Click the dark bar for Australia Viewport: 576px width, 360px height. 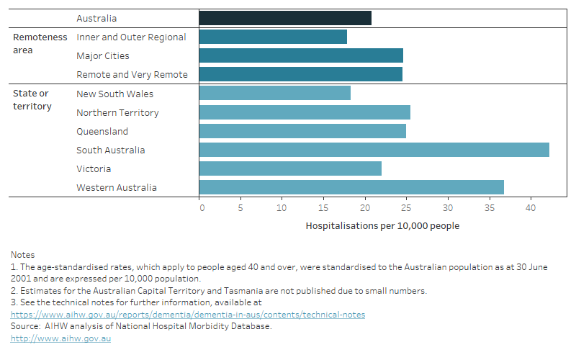coord(285,18)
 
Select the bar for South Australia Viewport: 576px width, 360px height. coord(374,150)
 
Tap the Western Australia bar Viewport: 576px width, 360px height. coord(351,187)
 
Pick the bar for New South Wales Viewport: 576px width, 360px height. coord(274,94)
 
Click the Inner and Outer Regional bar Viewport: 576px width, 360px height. coord(273,37)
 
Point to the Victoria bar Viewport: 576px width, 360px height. coord(290,168)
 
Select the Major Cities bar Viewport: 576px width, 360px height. coord(301,55)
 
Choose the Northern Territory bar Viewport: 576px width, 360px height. coord(305,112)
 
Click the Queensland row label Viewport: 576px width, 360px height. coord(102,131)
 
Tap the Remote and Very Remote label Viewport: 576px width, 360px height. coord(132,74)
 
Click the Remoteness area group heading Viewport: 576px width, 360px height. coord(40,43)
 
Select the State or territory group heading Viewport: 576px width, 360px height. coord(32,100)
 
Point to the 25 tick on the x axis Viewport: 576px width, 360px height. coord(406,208)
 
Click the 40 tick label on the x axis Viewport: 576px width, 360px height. coord(531,208)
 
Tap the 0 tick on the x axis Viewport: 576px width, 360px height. coord(202,208)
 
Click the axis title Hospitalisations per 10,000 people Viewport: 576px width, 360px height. coord(382,225)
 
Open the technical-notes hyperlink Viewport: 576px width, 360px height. coord(187,315)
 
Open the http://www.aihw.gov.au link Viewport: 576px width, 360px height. coord(60,339)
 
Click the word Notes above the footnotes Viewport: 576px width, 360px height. coord(23,254)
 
